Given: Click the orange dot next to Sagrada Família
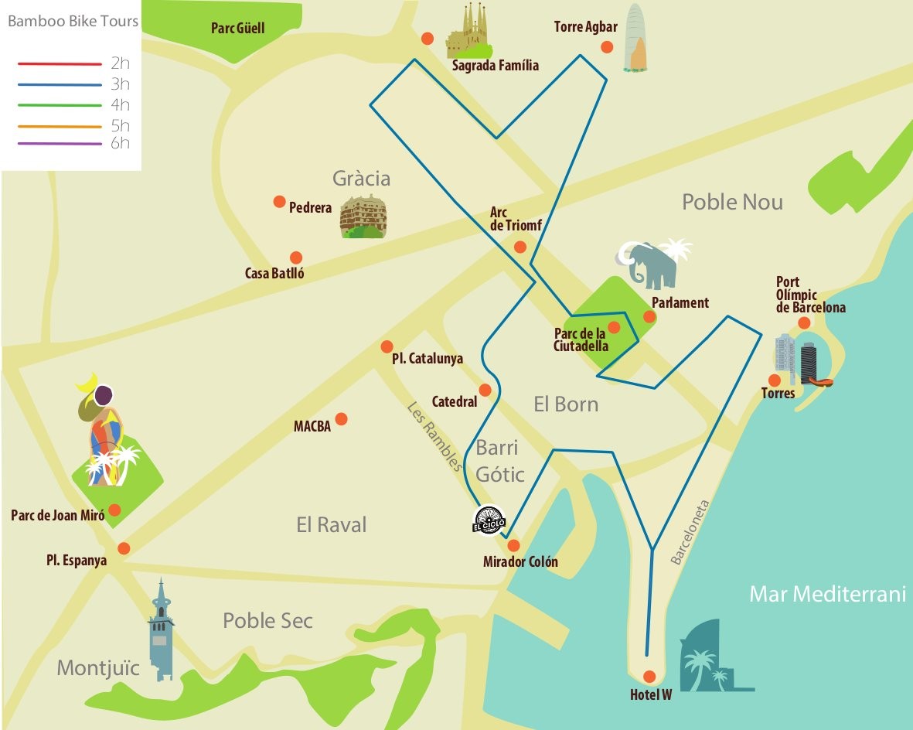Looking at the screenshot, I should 427,39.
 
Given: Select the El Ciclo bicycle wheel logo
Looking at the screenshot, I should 489,519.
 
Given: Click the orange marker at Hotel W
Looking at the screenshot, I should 649,676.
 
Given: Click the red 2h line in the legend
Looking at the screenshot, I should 60,64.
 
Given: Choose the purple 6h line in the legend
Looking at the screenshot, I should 60,144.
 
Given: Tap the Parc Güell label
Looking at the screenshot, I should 237,29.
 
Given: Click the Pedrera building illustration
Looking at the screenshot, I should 363,217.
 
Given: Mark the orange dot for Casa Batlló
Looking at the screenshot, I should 295,258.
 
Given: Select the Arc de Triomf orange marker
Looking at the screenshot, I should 520,247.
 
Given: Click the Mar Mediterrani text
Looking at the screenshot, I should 826,594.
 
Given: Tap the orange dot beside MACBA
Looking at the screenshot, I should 341,418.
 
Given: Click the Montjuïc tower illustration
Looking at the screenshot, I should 161,630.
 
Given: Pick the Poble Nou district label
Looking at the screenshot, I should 731,203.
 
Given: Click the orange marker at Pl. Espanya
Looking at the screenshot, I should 124,548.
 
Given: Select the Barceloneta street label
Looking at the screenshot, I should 690,533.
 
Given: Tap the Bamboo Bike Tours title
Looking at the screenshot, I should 73,21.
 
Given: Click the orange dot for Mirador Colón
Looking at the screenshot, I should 513,545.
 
